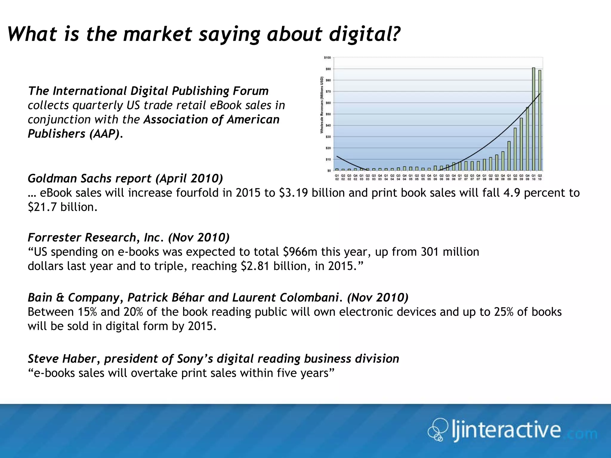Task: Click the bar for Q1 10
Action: pyautogui.click(x=533, y=119)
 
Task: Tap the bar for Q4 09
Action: pyautogui.click(x=527, y=139)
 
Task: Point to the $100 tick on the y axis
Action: pyautogui.click(x=327, y=58)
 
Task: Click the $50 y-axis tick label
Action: pyautogui.click(x=328, y=114)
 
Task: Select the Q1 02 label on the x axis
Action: pyautogui.click(x=337, y=177)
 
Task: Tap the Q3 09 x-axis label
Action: pyautogui.click(x=521, y=177)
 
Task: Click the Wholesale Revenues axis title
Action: pyautogui.click(x=322, y=105)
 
